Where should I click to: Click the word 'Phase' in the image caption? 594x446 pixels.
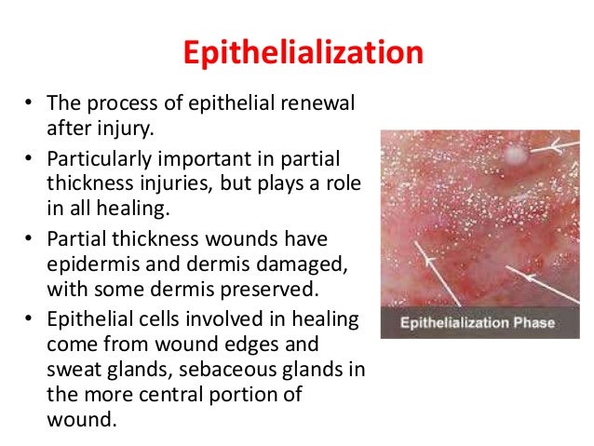coord(533,324)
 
